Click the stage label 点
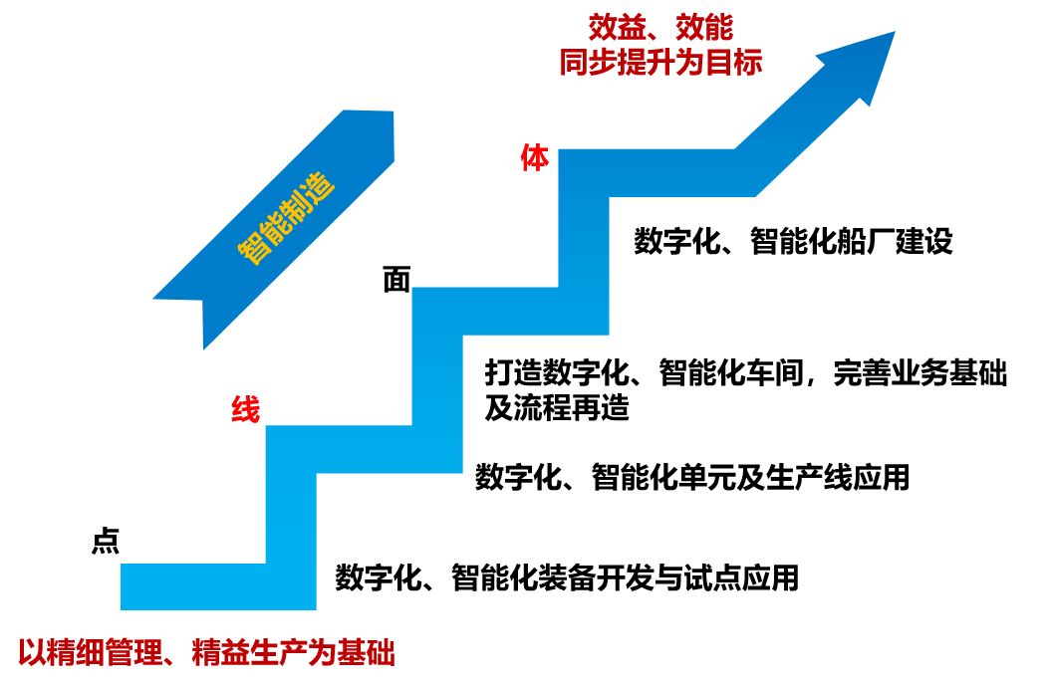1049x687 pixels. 106,540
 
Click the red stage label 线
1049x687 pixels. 245,408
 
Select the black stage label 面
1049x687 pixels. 396,280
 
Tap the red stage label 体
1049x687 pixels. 535,158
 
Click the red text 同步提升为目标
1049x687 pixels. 660,62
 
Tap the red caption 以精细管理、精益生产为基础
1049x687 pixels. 206,654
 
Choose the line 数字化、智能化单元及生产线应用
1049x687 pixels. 692,477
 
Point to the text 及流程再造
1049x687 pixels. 558,408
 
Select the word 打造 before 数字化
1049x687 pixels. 505,373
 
